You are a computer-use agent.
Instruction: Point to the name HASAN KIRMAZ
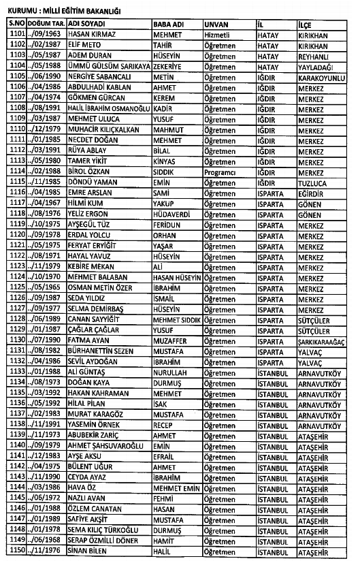pyautogui.click(x=90, y=33)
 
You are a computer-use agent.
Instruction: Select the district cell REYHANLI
pyautogui.click(x=314, y=54)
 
